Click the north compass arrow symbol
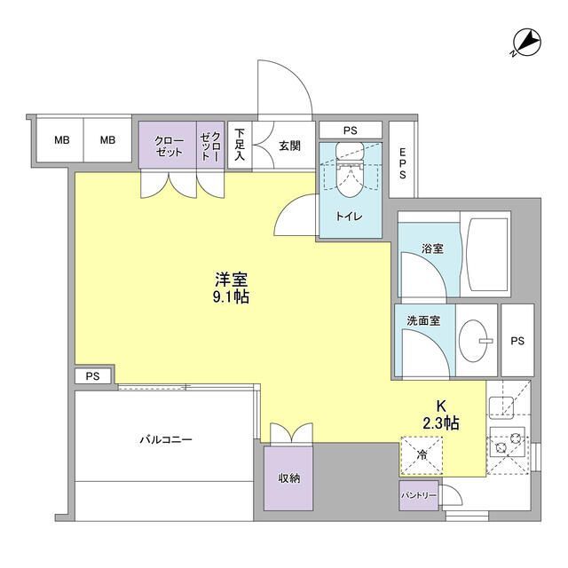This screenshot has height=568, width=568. point(526,43)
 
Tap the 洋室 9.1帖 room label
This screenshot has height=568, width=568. point(229,287)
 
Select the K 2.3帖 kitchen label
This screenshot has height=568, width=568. point(441,414)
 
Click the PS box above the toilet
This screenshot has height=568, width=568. point(351,130)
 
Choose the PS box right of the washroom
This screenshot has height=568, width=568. point(517,340)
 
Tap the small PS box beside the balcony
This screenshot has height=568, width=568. point(93,376)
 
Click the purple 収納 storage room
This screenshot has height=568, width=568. point(288,477)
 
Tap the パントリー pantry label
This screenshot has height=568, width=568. point(419,495)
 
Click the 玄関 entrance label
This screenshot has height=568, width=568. point(288,146)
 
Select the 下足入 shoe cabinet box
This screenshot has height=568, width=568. point(240,146)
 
